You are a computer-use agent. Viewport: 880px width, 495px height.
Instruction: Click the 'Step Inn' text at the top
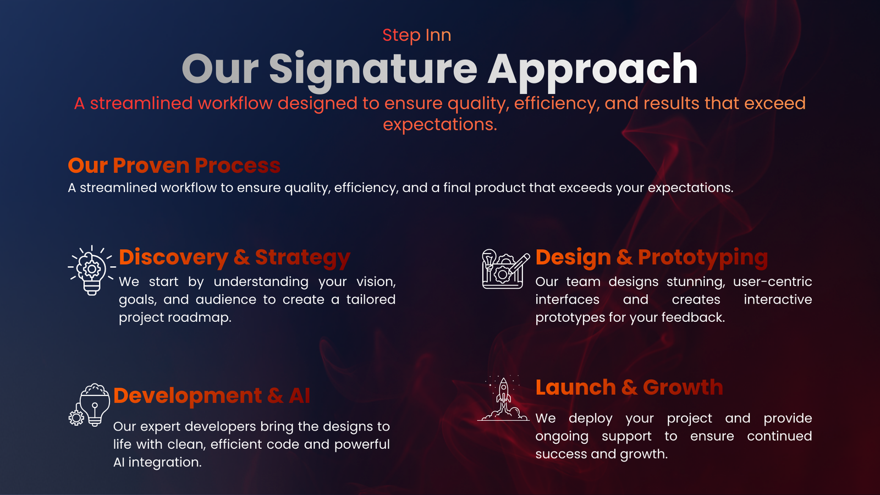coord(417,35)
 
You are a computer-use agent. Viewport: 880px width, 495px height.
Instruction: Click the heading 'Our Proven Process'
coord(174,166)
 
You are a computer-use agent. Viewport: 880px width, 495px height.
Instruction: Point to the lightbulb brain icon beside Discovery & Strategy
coord(91,270)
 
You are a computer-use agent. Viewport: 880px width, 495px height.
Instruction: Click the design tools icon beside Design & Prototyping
coord(505,269)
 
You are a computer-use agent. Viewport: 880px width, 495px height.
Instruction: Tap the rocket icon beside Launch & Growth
coord(503,399)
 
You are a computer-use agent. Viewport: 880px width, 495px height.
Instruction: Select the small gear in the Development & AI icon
coord(76,417)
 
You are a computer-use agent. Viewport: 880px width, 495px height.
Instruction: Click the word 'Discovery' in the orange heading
coord(174,258)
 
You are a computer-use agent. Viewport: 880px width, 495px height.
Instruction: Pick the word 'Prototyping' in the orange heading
coord(703,258)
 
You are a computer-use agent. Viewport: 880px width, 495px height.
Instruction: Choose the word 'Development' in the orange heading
coord(188,395)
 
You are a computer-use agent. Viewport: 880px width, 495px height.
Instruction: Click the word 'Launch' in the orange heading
coord(575,387)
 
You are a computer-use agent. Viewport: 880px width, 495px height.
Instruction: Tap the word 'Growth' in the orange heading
coord(683,388)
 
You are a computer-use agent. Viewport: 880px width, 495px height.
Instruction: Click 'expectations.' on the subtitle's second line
coord(440,124)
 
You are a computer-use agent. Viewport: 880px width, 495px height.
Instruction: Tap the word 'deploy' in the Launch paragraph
coord(591,419)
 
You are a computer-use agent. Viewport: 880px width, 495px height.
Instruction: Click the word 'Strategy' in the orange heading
coord(302,258)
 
